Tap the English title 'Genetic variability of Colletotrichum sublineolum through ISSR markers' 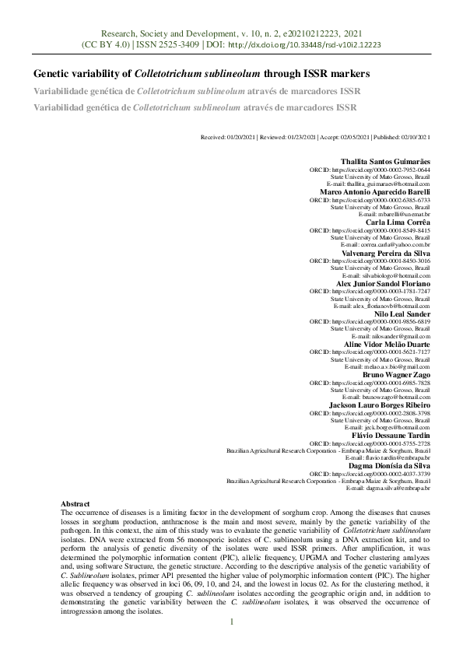[x=201, y=74]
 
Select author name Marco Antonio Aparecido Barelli [x=375, y=191]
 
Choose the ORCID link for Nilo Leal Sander [x=381, y=321]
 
